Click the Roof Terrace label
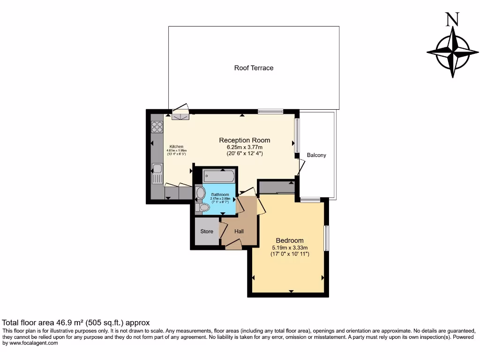[254, 68]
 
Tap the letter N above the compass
[452, 19]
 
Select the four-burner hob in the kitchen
[157, 127]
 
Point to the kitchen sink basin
[157, 168]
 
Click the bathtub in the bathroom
[218, 177]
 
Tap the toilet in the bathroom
[203, 207]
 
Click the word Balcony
[316, 155]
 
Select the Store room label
[207, 232]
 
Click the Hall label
[239, 232]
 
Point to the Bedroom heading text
[289, 240]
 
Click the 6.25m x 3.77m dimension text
[245, 147]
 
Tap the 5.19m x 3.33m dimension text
[290, 247]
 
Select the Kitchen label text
[176, 146]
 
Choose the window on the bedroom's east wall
[327, 238]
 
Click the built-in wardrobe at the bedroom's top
[277, 187]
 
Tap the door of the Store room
[223, 229]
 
